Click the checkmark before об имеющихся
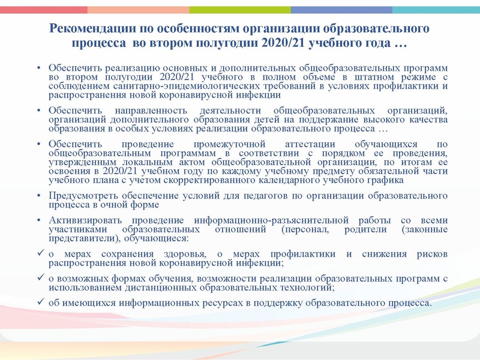pos(39,302)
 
